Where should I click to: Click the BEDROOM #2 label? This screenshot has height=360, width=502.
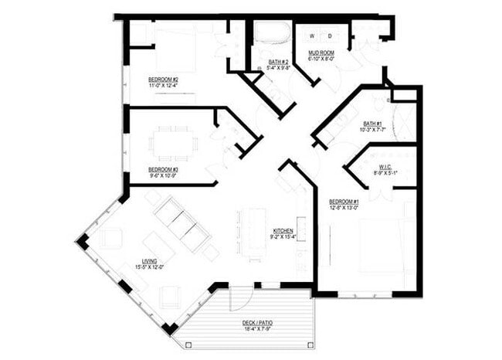(x=164, y=80)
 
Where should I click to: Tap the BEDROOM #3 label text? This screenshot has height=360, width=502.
(x=164, y=169)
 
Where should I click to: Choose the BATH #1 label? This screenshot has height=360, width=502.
(x=373, y=124)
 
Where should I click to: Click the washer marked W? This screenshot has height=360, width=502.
(x=312, y=36)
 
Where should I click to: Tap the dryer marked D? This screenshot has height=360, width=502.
(x=330, y=36)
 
